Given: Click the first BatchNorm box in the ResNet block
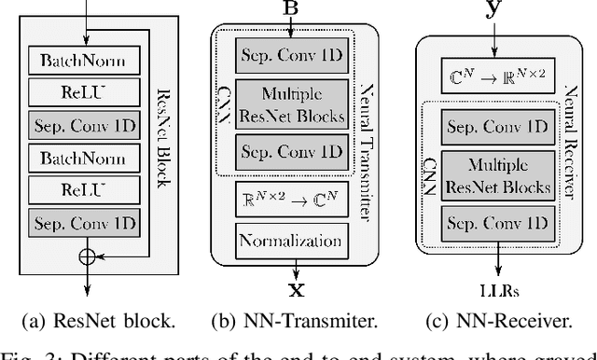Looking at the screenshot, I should pos(86,63).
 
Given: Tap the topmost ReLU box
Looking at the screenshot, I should pos(86,93).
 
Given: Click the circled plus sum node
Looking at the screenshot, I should pos(87,254).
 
